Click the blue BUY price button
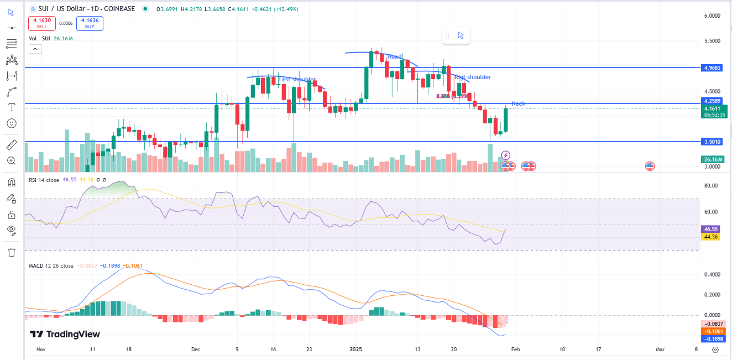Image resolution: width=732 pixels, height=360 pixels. (x=90, y=23)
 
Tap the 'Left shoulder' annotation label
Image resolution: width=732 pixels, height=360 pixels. (x=297, y=80)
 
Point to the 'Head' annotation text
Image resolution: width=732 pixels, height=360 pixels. (x=395, y=57)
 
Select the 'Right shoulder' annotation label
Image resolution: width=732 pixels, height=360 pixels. (x=472, y=77)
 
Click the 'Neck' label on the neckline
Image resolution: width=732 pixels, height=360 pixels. (x=518, y=103)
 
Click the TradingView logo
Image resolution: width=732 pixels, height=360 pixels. (x=65, y=334)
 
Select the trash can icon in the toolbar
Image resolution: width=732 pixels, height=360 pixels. (x=11, y=252)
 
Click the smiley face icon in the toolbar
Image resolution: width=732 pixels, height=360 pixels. (x=11, y=123)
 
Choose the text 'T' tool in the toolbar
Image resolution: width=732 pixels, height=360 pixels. (x=11, y=107)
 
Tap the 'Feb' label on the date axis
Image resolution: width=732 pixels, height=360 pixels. (x=515, y=349)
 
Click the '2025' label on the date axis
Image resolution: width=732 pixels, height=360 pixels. (x=355, y=349)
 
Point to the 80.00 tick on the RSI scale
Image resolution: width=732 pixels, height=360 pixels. (x=710, y=186)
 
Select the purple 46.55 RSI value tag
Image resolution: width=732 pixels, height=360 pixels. (x=710, y=229)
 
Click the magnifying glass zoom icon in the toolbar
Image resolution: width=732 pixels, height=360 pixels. (x=11, y=160)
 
